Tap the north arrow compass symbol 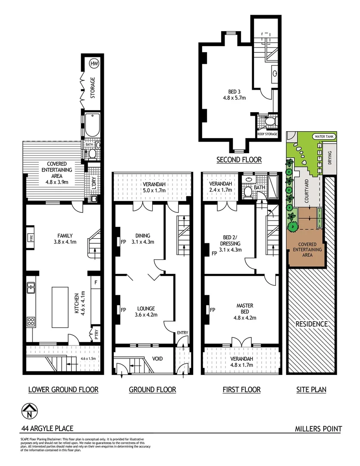pyautogui.click(x=29, y=411)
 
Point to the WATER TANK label pyautogui.click(x=325, y=136)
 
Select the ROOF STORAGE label pyautogui.click(x=266, y=134)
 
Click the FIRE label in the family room pyautogui.click(x=31, y=238)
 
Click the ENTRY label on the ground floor pyautogui.click(x=182, y=332)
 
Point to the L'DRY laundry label pyautogui.click(x=94, y=183)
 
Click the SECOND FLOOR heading pyautogui.click(x=239, y=160)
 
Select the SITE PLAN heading pyautogui.click(x=311, y=390)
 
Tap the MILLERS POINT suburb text pyautogui.click(x=318, y=429)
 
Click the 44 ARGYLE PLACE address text pyautogui.click(x=47, y=428)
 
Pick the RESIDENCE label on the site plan pyautogui.click(x=311, y=324)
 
